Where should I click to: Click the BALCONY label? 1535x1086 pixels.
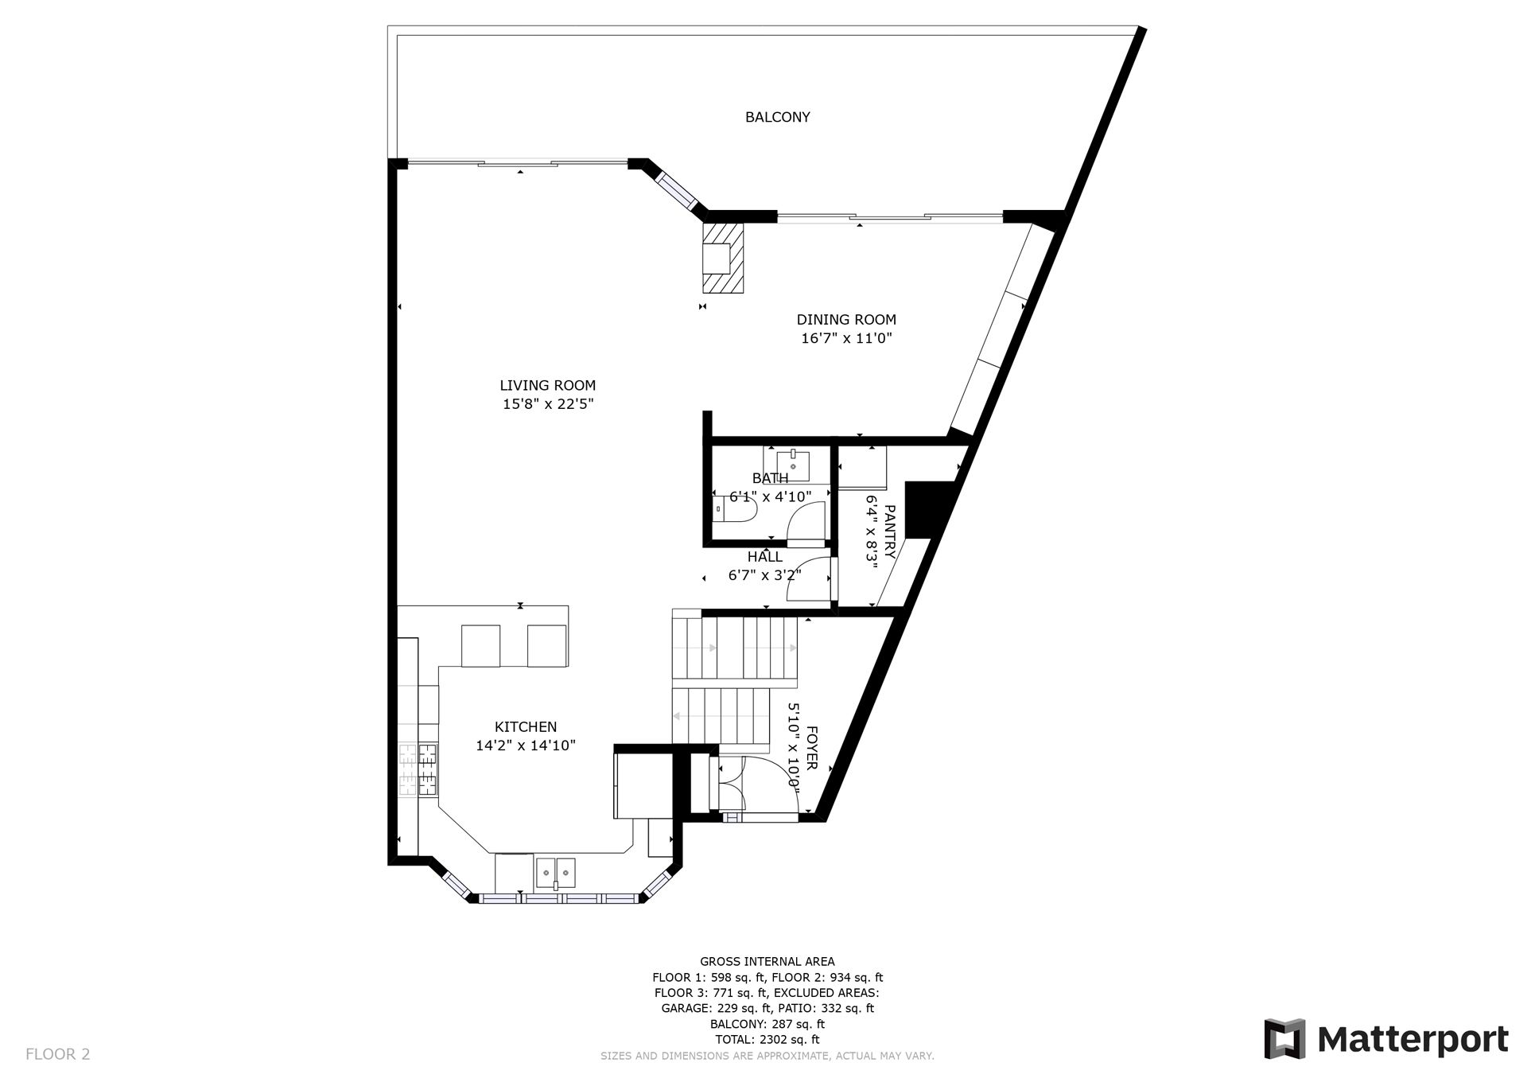click(777, 118)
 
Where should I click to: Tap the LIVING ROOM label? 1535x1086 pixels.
click(547, 386)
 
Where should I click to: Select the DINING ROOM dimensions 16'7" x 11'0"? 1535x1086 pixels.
click(846, 338)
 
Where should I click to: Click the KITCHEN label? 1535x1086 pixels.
click(526, 727)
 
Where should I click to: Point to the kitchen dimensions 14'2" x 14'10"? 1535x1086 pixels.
click(526, 746)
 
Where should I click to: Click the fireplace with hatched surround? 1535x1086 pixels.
click(723, 258)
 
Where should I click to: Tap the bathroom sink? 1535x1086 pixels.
click(793, 462)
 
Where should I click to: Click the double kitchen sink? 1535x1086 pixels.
click(555, 873)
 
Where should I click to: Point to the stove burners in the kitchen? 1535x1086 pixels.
click(418, 769)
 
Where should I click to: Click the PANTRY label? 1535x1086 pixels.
click(889, 531)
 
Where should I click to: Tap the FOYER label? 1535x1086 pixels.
click(812, 748)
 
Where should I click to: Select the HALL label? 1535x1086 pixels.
click(764, 558)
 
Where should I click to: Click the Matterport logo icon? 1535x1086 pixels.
click(1284, 1039)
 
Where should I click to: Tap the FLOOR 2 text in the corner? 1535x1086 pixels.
click(58, 1054)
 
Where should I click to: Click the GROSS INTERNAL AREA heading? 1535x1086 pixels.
click(767, 962)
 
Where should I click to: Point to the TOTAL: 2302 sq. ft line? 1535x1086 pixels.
click(767, 1039)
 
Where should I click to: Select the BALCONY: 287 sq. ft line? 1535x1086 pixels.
click(767, 1024)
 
